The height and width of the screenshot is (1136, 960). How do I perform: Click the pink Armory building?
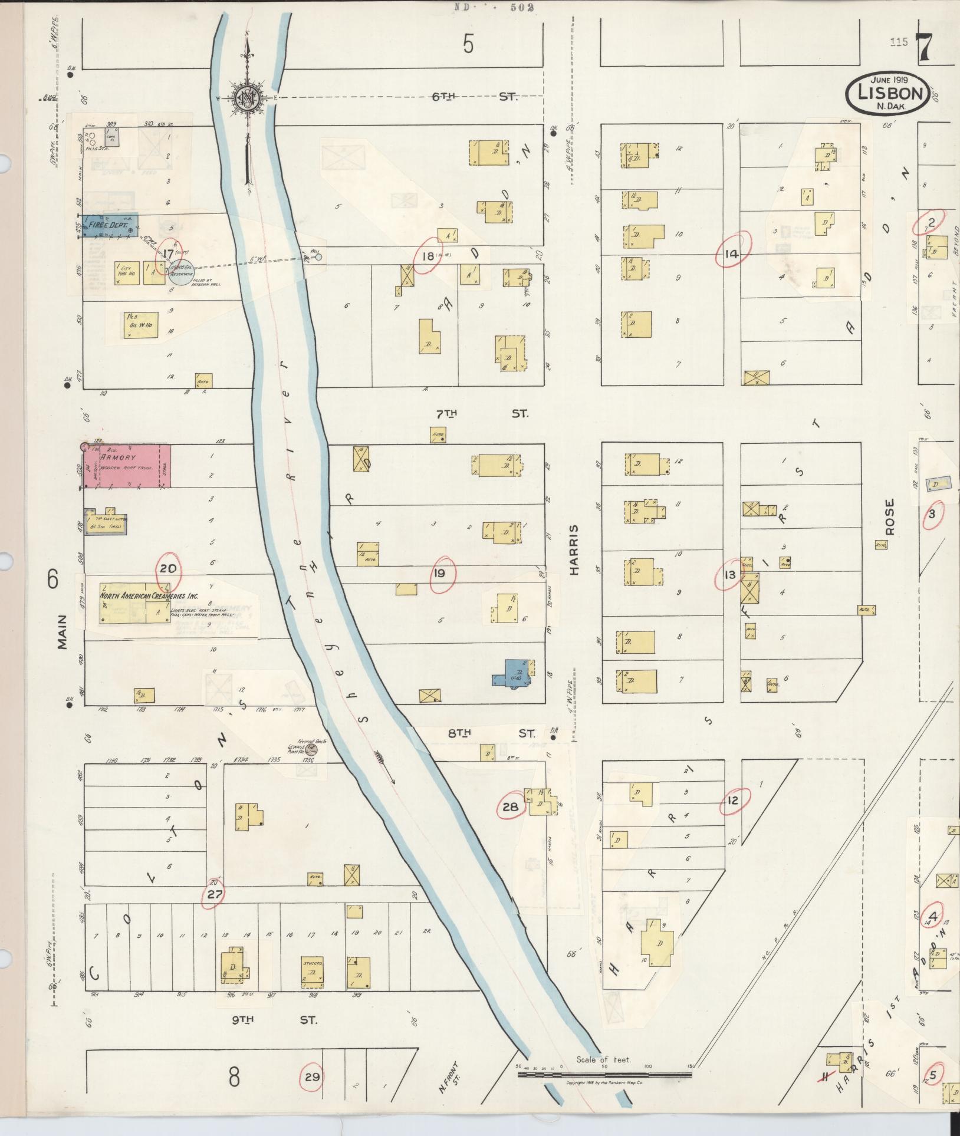(126, 466)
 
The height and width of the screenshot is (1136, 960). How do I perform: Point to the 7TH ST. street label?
(480, 414)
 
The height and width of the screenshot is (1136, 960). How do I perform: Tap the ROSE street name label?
(890, 518)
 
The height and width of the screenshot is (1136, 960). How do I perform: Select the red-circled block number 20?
(168, 569)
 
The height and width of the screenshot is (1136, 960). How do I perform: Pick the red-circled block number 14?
(732, 255)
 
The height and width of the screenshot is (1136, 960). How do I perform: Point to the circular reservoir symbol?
(182, 272)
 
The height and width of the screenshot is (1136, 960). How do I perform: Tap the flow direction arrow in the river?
(386, 764)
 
